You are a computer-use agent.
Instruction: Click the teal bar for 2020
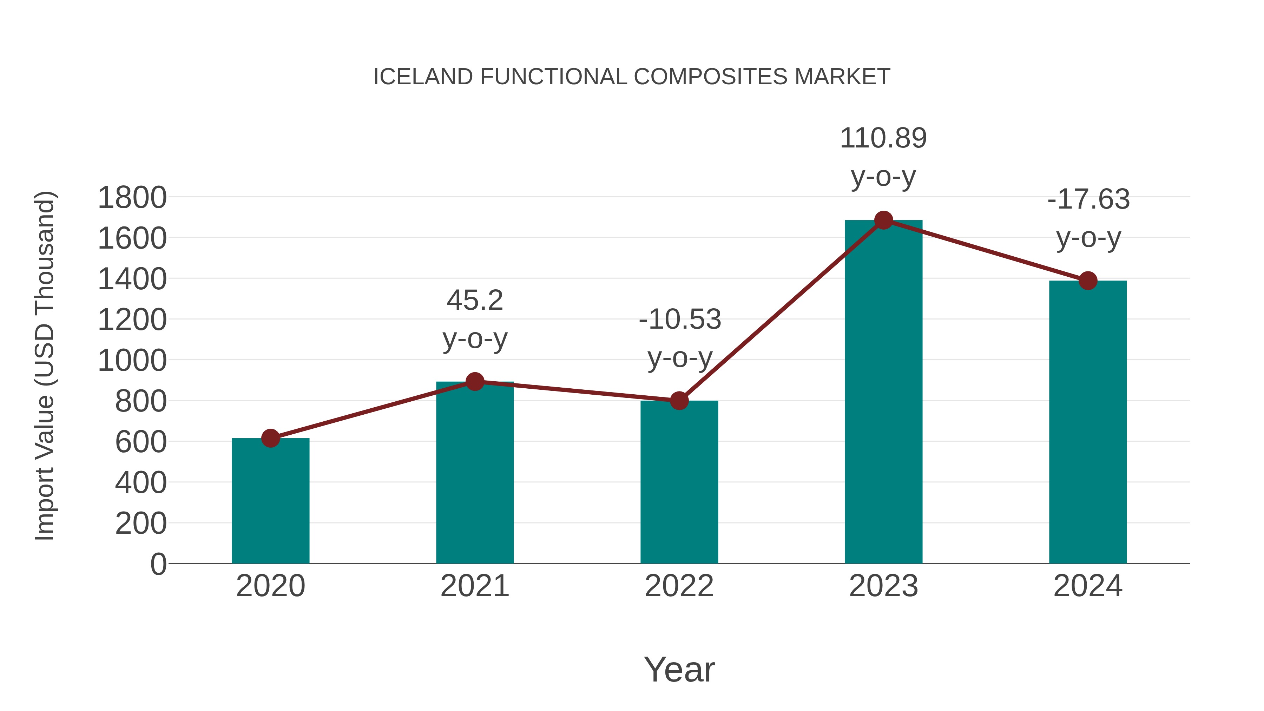(x=270, y=500)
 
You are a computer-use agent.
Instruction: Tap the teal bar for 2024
(x=1088, y=422)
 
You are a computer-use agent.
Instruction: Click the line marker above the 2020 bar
(x=270, y=438)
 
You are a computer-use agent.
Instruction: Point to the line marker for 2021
(x=474, y=381)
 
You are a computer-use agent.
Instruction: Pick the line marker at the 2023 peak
(x=883, y=220)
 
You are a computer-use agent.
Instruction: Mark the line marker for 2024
(x=1088, y=281)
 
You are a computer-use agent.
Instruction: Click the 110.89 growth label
(x=883, y=138)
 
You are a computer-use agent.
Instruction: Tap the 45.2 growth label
(x=474, y=300)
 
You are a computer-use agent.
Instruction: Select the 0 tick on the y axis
(x=158, y=564)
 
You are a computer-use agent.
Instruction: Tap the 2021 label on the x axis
(x=474, y=586)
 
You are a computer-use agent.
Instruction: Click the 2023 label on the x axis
(x=883, y=586)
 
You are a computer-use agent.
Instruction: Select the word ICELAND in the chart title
(x=423, y=77)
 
